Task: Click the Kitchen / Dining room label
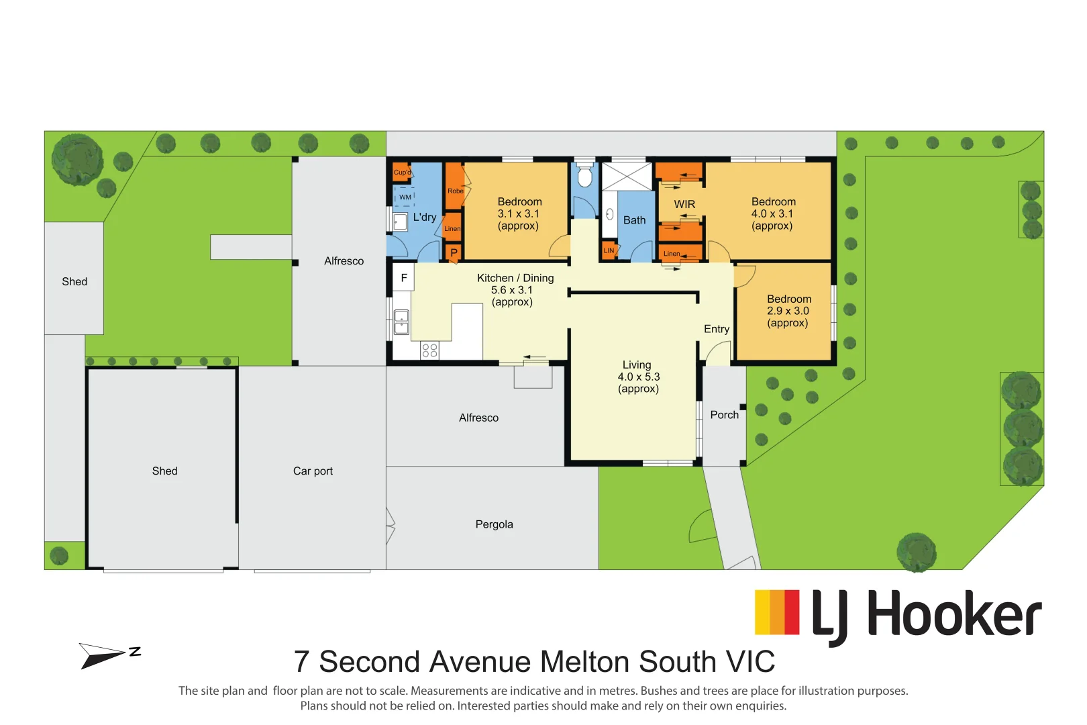(x=515, y=289)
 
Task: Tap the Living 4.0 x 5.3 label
(x=638, y=377)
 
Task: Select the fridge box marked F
(x=403, y=277)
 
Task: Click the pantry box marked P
(x=454, y=253)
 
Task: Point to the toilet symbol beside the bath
(x=584, y=177)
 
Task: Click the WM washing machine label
(x=405, y=197)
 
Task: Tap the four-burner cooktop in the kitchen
(x=429, y=350)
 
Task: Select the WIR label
(x=684, y=204)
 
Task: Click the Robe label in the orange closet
(x=455, y=191)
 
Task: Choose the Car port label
(x=313, y=471)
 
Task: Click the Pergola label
(x=494, y=524)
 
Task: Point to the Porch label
(x=724, y=415)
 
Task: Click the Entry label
(x=716, y=329)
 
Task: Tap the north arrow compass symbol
(x=107, y=655)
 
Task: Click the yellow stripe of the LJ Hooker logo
(x=762, y=612)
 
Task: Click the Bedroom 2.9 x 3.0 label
(x=788, y=311)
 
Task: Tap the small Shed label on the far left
(x=74, y=282)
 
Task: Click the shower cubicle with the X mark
(x=626, y=176)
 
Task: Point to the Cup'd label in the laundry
(x=402, y=173)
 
